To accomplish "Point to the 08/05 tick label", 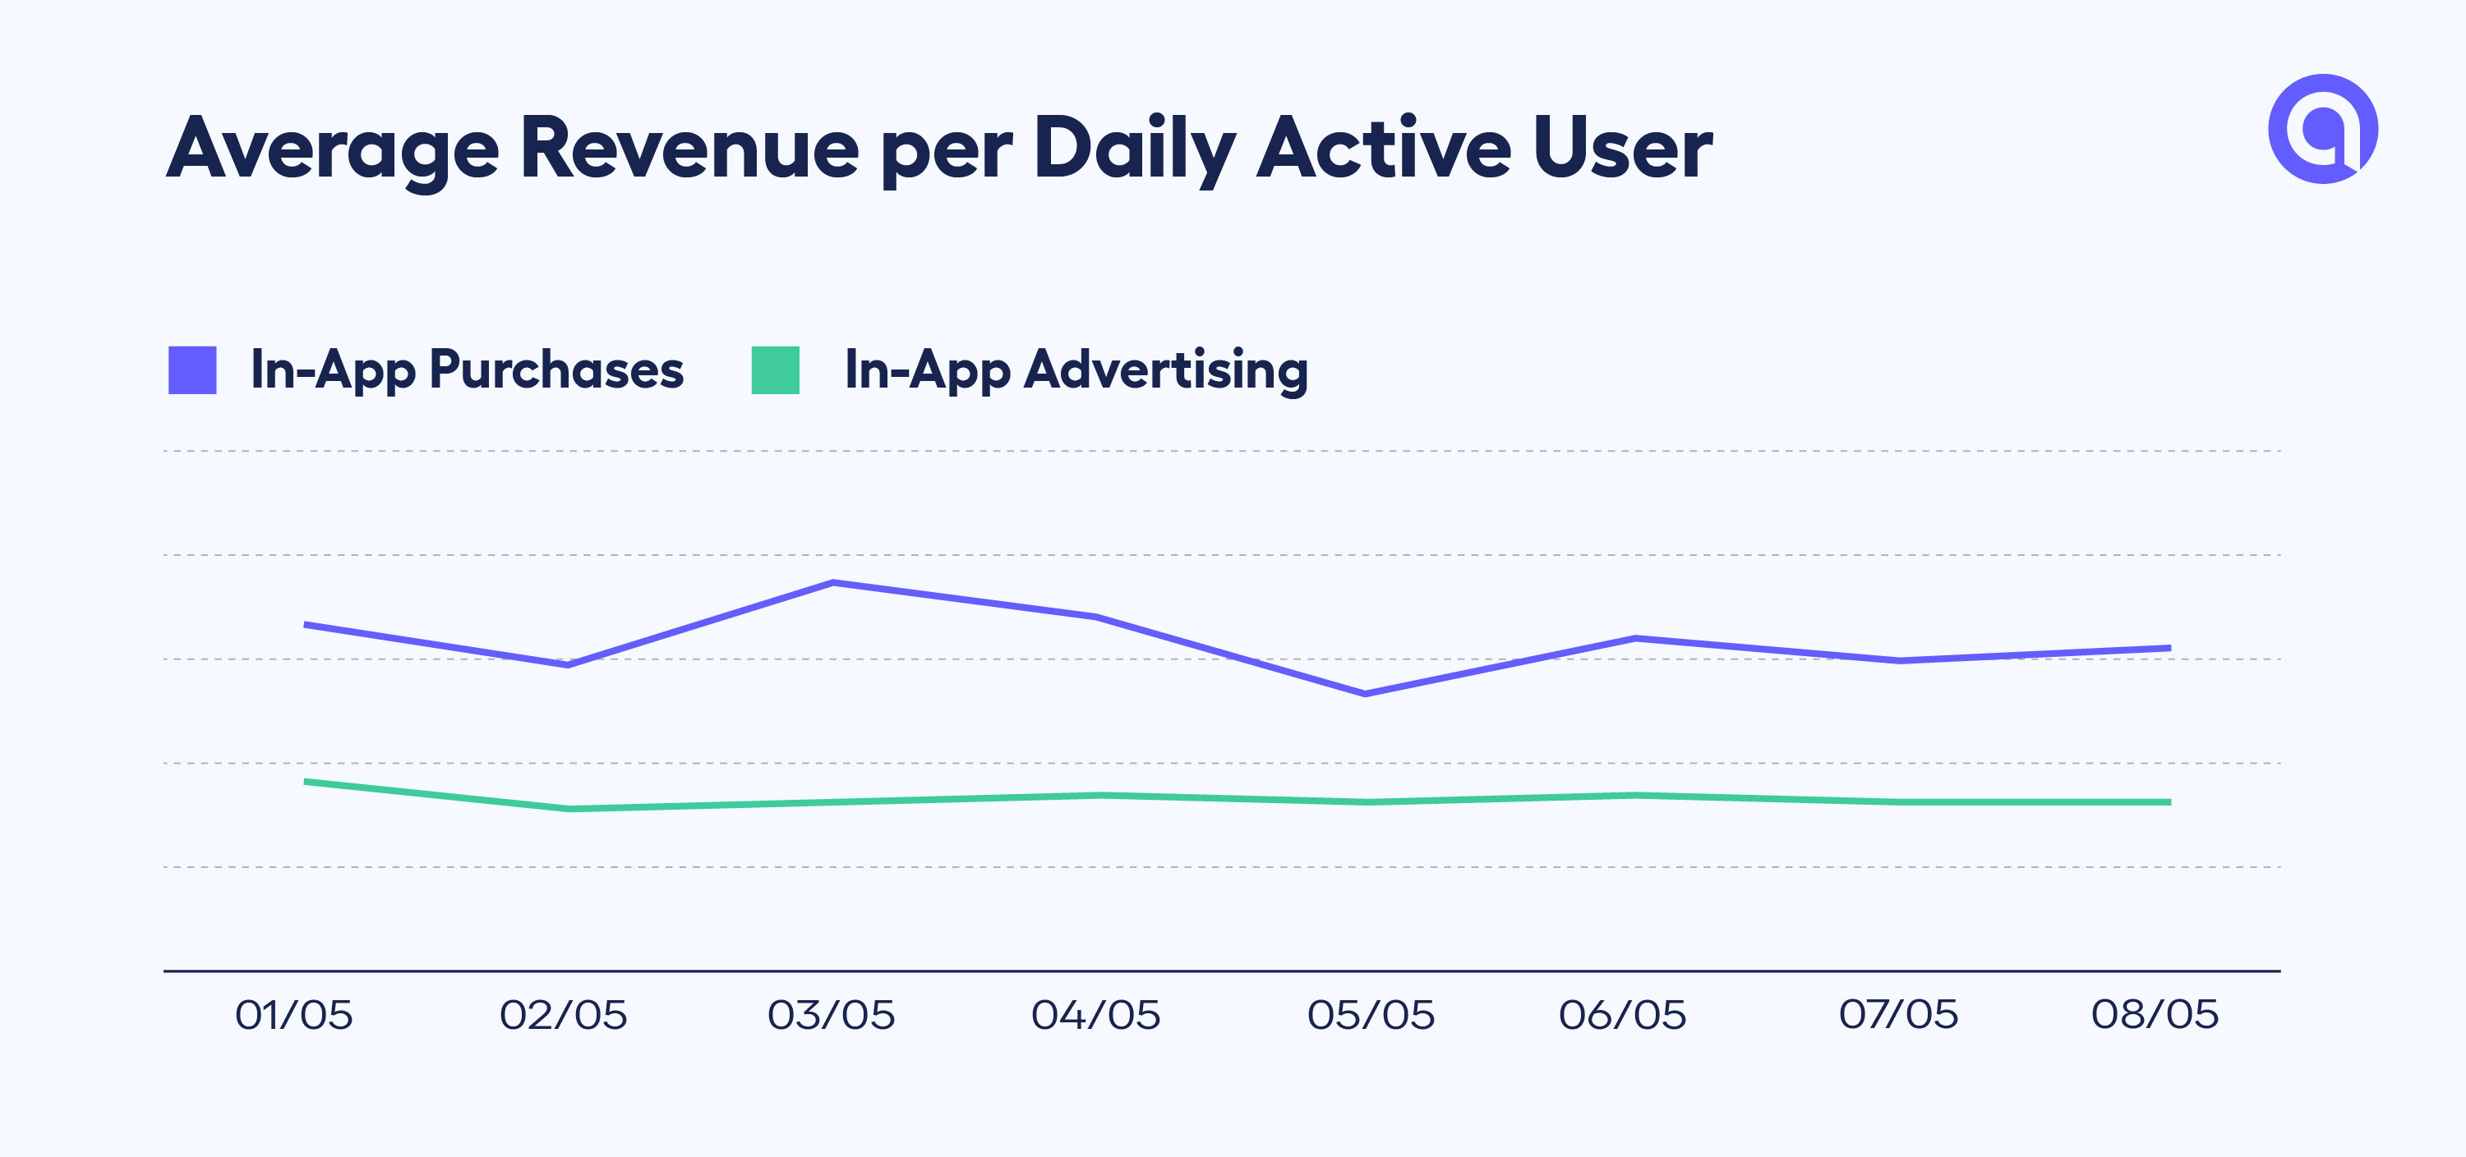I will tap(2154, 1014).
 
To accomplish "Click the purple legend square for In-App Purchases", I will tap(192, 370).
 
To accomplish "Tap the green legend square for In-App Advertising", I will tap(776, 370).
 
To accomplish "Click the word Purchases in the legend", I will tap(556, 370).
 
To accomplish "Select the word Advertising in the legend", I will tap(1165, 370).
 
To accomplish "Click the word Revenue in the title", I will tap(689, 149).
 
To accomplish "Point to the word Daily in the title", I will tap(1135, 149).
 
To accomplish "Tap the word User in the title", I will tap(1621, 149).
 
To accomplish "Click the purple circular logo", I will tap(2322, 128).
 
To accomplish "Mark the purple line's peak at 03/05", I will tap(834, 582).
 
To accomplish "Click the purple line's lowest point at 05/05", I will tap(1365, 694).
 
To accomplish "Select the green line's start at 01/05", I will tap(307, 782).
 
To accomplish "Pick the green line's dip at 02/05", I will tap(569, 809).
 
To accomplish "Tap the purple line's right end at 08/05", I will tap(2169, 648).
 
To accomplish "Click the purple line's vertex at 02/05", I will tap(569, 664).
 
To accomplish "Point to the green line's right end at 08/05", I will tap(2169, 802).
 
